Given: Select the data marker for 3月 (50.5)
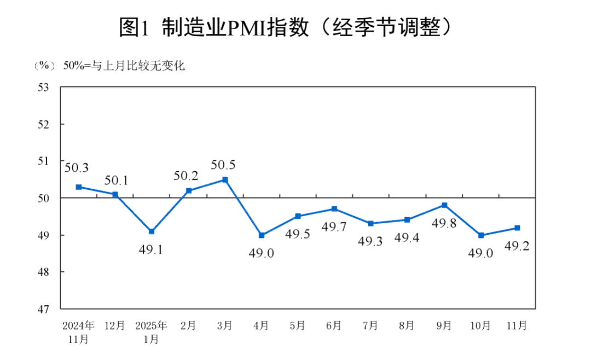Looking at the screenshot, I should [x=225, y=179].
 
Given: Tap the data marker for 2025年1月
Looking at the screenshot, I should [x=152, y=231].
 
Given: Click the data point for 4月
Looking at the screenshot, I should [x=262, y=235].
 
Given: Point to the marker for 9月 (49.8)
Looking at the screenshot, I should [x=444, y=205].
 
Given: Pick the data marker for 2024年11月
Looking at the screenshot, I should [x=79, y=187].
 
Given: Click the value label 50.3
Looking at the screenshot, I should [x=77, y=168].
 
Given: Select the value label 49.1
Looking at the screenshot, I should [x=152, y=250].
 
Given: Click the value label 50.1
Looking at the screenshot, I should [x=115, y=180].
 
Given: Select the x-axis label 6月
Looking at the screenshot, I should [x=334, y=326].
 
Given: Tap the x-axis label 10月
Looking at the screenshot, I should [x=480, y=326].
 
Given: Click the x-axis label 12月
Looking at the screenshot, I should [x=115, y=326].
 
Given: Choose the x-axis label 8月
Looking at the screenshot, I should [x=407, y=326].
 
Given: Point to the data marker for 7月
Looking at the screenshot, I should [x=371, y=223].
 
